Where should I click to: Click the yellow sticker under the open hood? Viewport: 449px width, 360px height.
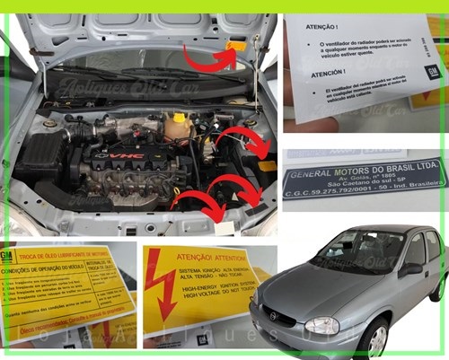click(x=236, y=45)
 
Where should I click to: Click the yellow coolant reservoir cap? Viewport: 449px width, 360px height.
click(x=179, y=117)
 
